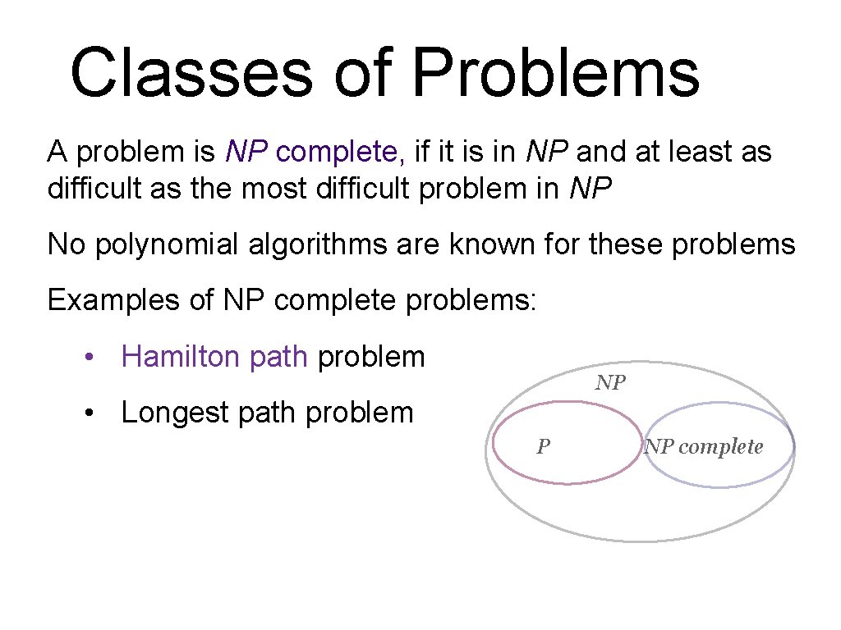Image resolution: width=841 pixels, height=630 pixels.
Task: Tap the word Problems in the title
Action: coord(555,72)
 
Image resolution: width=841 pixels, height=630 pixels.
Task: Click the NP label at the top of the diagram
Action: coord(610,382)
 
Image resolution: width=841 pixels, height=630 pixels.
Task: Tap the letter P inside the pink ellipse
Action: coord(543,447)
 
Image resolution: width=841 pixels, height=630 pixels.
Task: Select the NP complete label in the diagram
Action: coord(704,447)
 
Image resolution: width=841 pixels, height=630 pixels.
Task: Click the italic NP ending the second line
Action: coord(590,189)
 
